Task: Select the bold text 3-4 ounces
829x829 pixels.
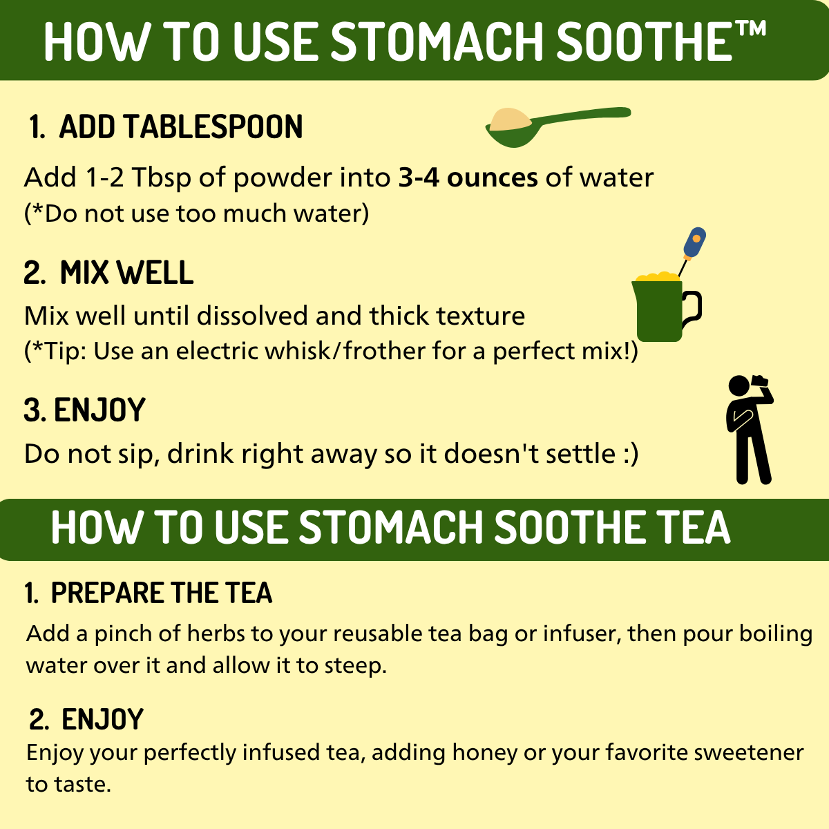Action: tap(468, 178)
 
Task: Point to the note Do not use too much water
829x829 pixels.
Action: tap(197, 213)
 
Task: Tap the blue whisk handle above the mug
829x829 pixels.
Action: tap(694, 243)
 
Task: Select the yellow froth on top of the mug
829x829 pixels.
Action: tap(658, 277)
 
